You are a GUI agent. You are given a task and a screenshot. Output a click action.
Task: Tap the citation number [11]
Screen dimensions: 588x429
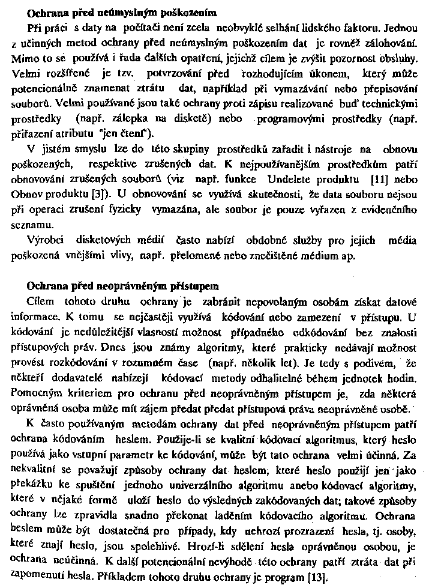[x=379, y=180]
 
